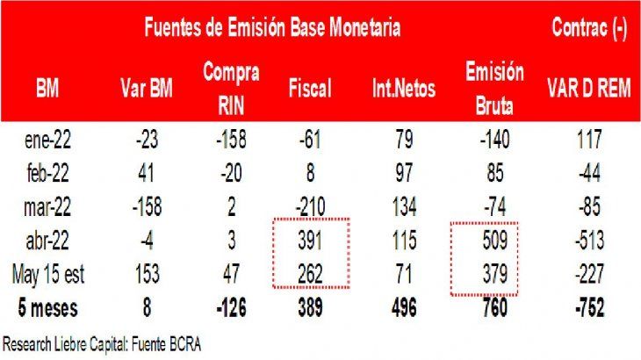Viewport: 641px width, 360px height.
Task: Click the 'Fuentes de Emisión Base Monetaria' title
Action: [x=273, y=28]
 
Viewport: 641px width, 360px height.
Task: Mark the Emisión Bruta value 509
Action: [x=493, y=239]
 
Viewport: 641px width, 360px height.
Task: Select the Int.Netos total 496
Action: [x=403, y=308]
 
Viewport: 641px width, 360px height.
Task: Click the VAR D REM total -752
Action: [x=588, y=308]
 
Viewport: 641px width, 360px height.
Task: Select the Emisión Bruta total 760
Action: [x=493, y=308]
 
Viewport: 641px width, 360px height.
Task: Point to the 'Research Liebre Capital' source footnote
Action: [x=102, y=344]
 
